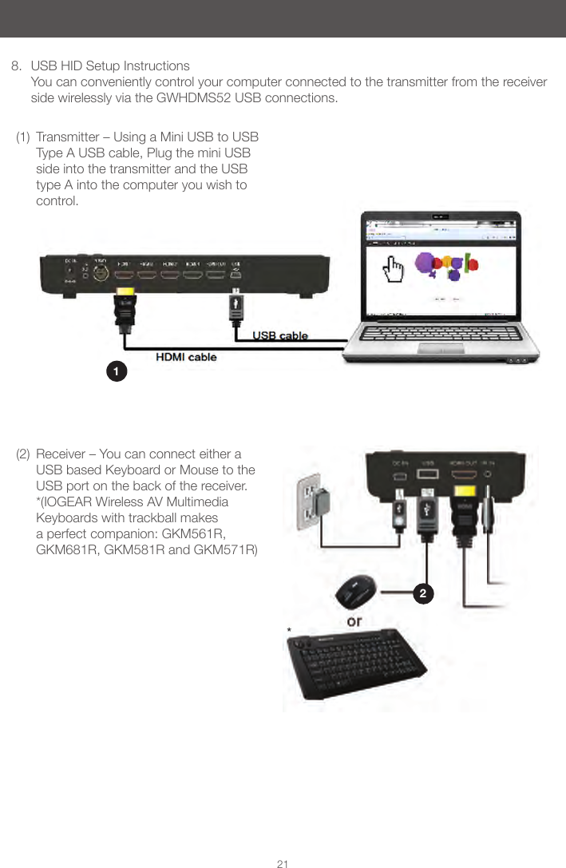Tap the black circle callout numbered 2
coord(423,593)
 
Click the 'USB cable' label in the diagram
coord(280,336)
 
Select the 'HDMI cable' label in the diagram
coord(185,357)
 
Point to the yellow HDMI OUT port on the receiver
coord(464,489)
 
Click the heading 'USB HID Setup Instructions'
coord(110,65)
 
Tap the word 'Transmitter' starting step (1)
coord(69,137)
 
